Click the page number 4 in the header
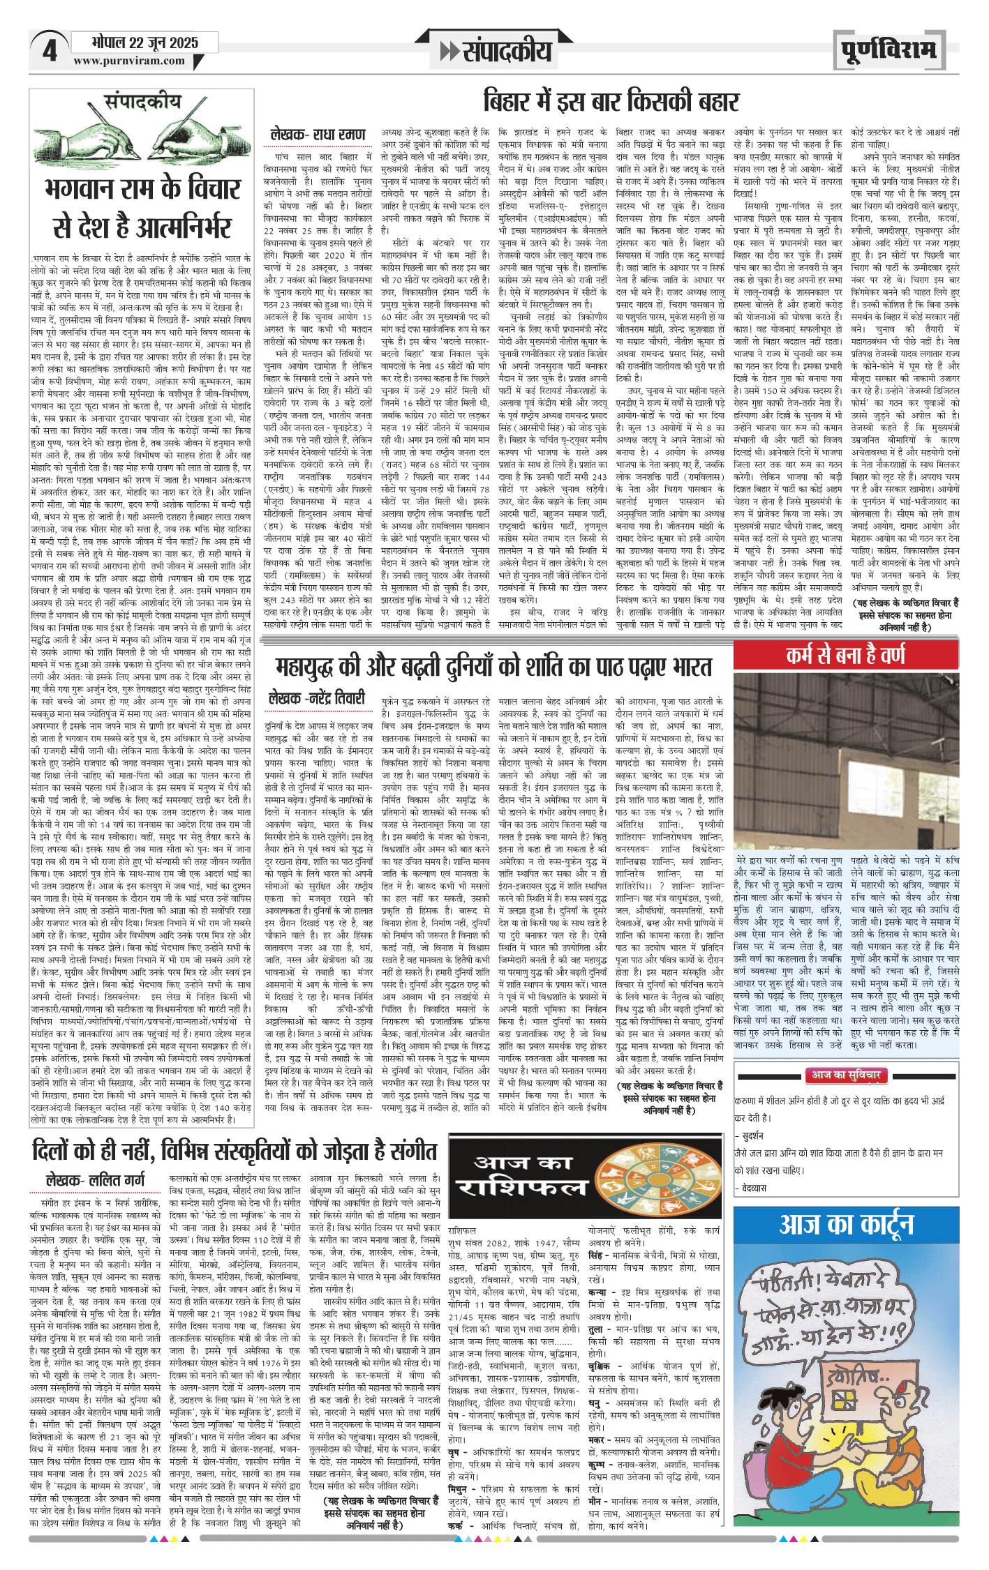pyautogui.click(x=50, y=51)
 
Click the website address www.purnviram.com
pyautogui.click(x=129, y=61)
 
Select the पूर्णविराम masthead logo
pyautogui.click(x=887, y=51)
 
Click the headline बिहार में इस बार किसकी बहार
pyautogui.click(x=611, y=102)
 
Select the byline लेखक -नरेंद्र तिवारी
pyautogui.click(x=316, y=697)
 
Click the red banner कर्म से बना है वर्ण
pyautogui.click(x=845, y=655)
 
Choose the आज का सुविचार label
pyautogui.click(x=845, y=1075)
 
